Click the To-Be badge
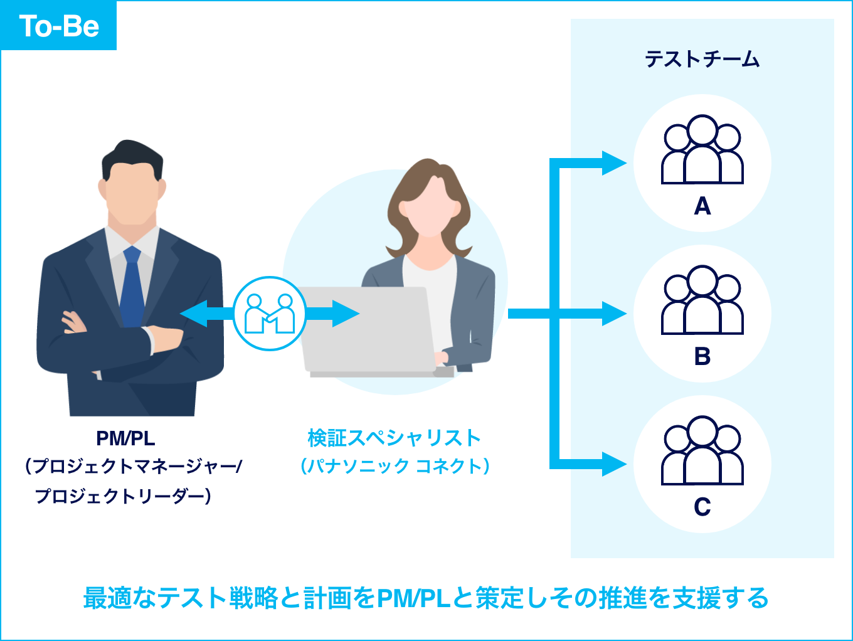[59, 26]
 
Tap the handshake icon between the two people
[270, 313]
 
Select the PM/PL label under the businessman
[125, 438]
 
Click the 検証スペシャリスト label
[394, 438]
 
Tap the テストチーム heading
[702, 60]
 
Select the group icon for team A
[702, 151]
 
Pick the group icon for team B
[702, 300]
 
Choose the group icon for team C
[702, 451]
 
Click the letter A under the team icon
[702, 206]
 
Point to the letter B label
[702, 356]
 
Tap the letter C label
[702, 507]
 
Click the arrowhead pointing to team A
[613, 163]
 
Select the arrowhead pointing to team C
[613, 464]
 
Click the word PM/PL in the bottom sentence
[413, 598]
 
